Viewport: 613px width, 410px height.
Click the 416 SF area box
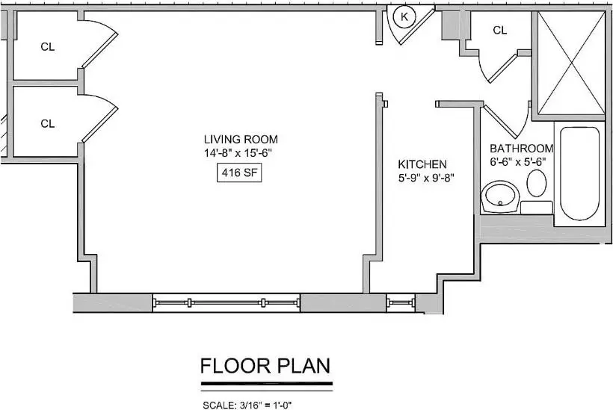point(239,173)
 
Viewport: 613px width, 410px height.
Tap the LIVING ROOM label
point(241,140)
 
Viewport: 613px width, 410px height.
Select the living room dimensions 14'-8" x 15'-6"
point(238,152)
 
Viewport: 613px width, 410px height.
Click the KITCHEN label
point(422,164)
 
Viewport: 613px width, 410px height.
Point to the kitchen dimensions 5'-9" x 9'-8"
point(426,178)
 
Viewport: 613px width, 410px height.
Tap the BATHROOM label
point(522,149)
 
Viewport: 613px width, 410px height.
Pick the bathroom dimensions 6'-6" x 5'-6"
point(518,161)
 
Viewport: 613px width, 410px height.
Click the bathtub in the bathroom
point(579,173)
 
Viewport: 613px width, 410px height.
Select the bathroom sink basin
point(500,196)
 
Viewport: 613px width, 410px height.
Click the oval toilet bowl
point(537,183)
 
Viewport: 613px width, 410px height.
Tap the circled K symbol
point(404,17)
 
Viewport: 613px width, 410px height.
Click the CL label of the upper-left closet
point(48,47)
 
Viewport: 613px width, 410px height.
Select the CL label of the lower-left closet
point(48,124)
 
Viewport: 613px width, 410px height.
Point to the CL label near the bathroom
point(500,30)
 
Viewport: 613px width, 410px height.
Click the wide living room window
point(226,302)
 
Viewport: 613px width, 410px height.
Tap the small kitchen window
point(401,302)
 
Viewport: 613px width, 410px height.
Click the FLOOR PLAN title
point(265,366)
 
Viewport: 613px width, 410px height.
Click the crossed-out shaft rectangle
point(571,63)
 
